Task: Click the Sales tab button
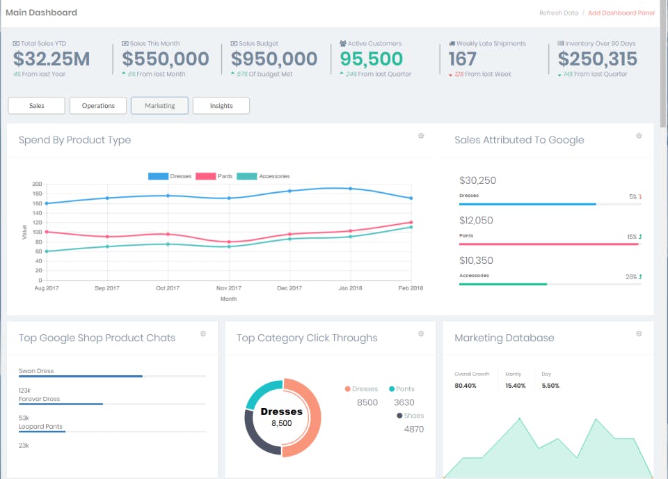36,106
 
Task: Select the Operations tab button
98,106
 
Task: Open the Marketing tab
159,106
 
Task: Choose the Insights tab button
221,106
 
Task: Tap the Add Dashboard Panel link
621,13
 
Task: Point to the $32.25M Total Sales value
51,59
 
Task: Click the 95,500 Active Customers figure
372,59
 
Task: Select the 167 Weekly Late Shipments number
462,59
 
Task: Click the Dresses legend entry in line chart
170,176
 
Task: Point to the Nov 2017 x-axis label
228,288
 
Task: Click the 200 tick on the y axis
37,184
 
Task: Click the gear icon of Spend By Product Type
421,136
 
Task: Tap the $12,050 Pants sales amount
477,221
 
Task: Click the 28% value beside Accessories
630,277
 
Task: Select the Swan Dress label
36,371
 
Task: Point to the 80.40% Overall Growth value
466,385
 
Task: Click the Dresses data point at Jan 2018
350,189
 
